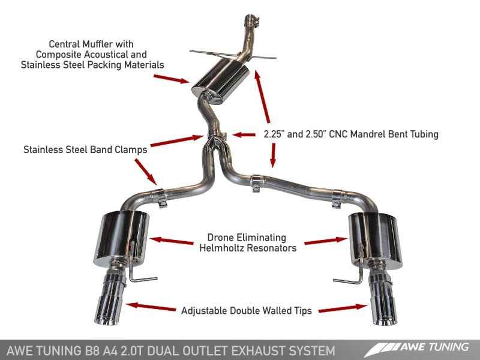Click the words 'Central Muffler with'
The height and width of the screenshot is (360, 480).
pyautogui.click(x=92, y=44)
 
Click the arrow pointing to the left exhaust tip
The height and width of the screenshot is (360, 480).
pyautogui.click(x=153, y=306)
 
